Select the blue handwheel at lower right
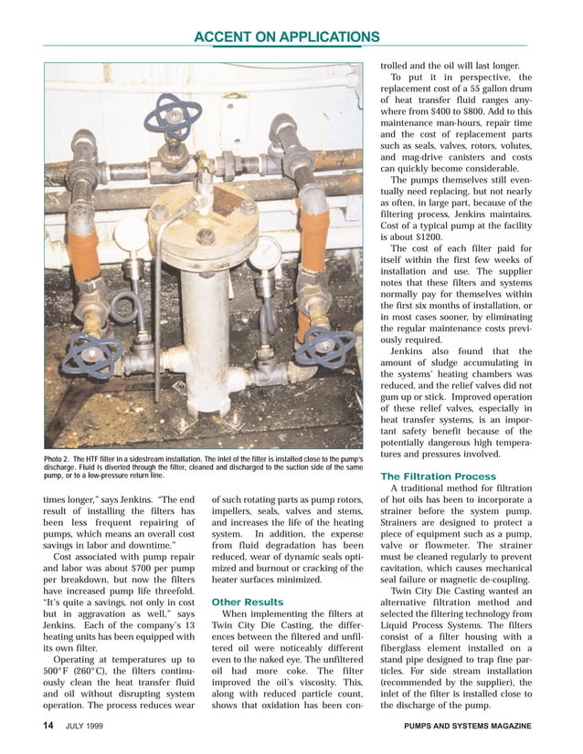(323, 346)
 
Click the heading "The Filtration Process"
(438, 476)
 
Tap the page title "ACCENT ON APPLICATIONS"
(287, 37)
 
